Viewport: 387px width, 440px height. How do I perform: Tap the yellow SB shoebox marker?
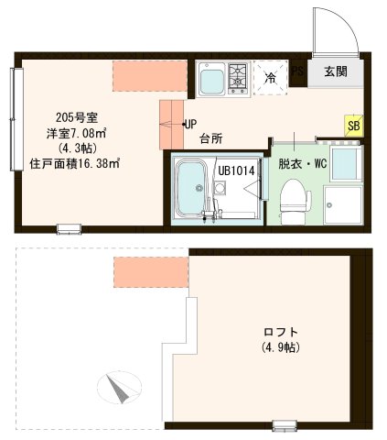tap(352, 125)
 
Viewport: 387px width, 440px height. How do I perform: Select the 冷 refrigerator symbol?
tap(269, 79)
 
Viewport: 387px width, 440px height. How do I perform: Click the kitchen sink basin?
tap(211, 81)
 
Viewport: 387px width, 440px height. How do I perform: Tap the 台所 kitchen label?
tap(211, 140)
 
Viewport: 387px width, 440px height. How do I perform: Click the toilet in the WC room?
tap(292, 198)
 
